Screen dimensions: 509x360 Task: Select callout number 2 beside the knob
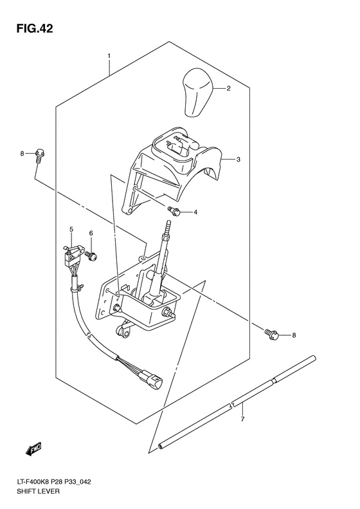tap(227, 89)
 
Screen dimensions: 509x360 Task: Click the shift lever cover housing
tap(177, 168)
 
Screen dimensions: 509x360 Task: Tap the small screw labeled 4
tap(174, 210)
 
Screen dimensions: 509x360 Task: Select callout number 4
tap(195, 212)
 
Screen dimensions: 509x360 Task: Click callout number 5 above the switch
tap(72, 229)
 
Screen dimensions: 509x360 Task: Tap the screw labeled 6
tap(92, 256)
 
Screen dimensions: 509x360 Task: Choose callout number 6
tap(91, 233)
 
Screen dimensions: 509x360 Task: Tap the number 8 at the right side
tap(294, 335)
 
